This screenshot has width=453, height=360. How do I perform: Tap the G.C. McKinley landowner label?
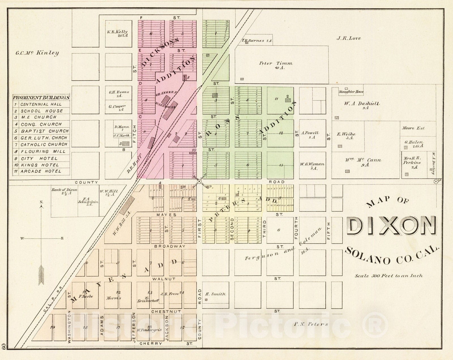[x=37, y=53]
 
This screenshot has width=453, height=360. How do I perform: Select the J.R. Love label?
[x=349, y=38]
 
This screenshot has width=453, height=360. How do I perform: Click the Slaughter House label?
[x=351, y=92]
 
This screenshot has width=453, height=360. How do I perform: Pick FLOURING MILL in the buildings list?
[x=43, y=151]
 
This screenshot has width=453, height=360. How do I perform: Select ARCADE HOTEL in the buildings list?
[x=41, y=171]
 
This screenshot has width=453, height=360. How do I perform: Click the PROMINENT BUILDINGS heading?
[x=41, y=98]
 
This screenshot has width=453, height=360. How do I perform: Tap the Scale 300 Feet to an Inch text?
[x=389, y=275]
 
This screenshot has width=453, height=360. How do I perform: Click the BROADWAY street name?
[x=170, y=246]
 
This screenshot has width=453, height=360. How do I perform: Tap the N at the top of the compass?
[x=41, y=202]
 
